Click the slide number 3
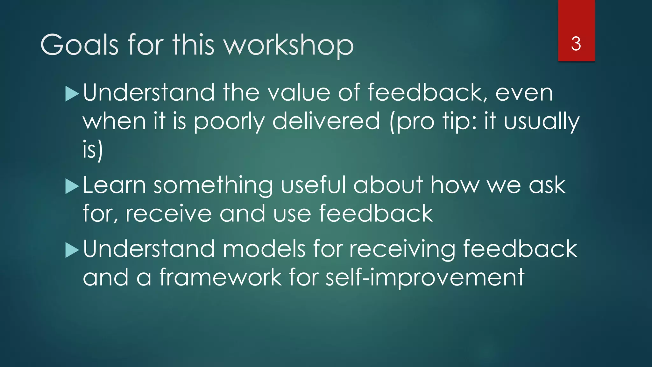[x=576, y=44]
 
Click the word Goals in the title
[x=80, y=45]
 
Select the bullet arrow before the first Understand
[x=72, y=94]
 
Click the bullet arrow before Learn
[x=72, y=186]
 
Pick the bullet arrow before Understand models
[x=72, y=250]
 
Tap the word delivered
[x=326, y=121]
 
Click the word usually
[x=542, y=121]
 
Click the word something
[x=213, y=185]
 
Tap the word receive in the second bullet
[x=168, y=214]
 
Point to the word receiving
[x=402, y=249]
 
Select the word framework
[x=220, y=277]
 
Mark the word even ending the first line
[x=524, y=93]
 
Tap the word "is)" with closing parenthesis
[x=93, y=150]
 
